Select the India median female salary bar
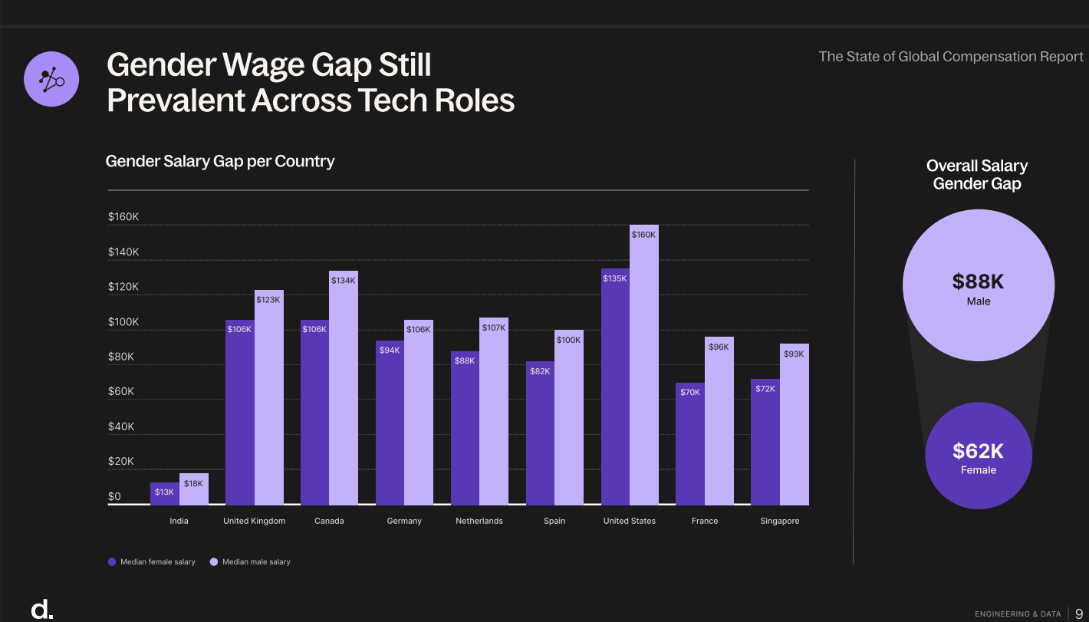coord(164,494)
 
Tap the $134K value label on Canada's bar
coord(343,281)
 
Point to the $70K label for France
coord(689,393)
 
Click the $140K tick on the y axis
coord(123,252)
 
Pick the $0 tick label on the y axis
coord(114,496)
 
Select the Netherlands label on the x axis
coord(479,521)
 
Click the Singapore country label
coord(779,521)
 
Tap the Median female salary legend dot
coord(112,562)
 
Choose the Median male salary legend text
coord(256,562)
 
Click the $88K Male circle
coord(978,285)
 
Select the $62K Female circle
coord(978,456)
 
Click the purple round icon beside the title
coord(51,79)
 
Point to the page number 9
coord(1078,614)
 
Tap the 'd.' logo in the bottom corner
coord(41,609)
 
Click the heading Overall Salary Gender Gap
coord(976,175)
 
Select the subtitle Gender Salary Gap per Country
coord(219,161)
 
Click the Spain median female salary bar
coord(540,433)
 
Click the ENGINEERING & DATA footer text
coord(1018,614)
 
